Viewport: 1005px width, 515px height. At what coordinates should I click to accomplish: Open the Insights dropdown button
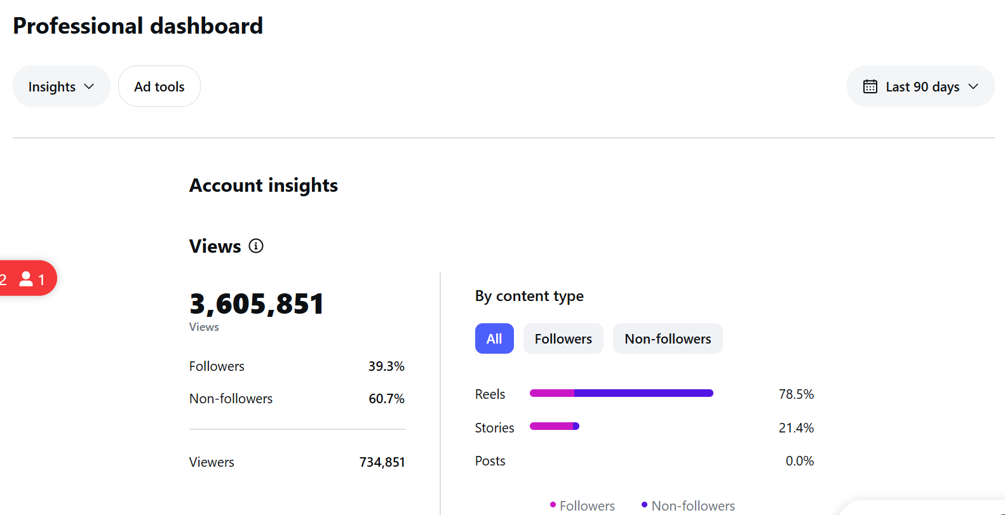coord(62,86)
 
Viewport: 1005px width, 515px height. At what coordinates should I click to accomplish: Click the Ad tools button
coord(159,86)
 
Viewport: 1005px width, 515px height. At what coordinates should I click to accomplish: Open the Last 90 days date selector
coord(921,86)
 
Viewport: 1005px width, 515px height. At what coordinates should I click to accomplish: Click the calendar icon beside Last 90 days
coord(870,86)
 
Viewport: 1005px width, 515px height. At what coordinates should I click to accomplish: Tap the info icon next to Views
coord(256,246)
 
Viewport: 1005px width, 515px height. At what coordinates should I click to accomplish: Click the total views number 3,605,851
coord(256,304)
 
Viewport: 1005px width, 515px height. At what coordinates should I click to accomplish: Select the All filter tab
coord(494,338)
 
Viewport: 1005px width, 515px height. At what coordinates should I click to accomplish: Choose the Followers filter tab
coord(563,338)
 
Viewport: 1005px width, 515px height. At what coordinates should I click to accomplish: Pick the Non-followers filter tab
coord(668,338)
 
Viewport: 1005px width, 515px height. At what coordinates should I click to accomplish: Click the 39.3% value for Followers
coord(386,366)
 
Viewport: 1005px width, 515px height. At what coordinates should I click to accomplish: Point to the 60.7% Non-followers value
coord(386,398)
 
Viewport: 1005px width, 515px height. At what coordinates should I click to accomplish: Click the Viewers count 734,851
coord(382,462)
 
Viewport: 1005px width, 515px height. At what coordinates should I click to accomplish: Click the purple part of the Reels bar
coord(644,393)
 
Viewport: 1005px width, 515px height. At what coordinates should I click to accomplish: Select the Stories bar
coord(555,426)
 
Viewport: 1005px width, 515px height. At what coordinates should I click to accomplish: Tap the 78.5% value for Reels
coord(796,394)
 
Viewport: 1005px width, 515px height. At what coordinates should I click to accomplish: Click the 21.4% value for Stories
coord(796,427)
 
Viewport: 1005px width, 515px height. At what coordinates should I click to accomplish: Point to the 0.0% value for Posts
coord(800,461)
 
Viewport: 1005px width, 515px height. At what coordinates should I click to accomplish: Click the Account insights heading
coord(264,185)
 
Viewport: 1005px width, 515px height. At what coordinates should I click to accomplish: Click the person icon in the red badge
coord(26,279)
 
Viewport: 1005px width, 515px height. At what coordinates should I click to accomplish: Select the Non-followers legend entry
coord(688,505)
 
